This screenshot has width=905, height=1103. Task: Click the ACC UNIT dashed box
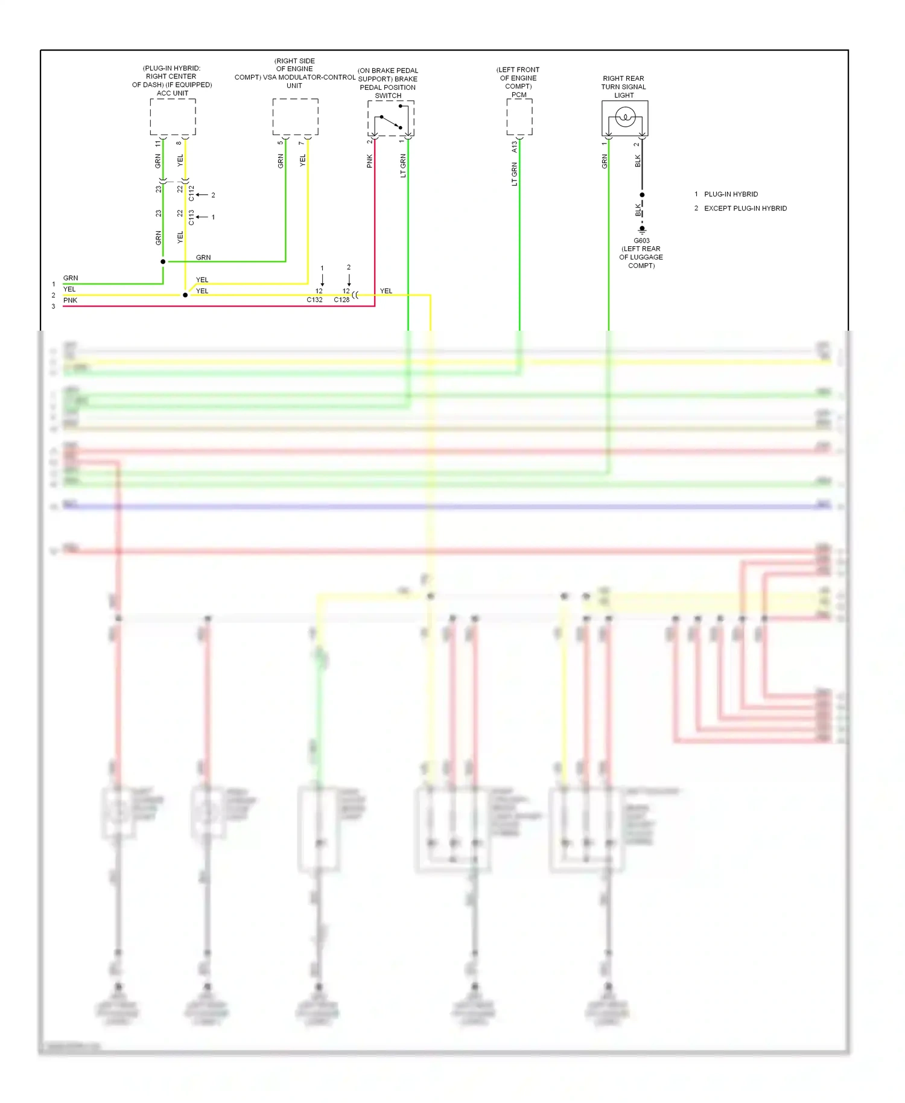(x=173, y=116)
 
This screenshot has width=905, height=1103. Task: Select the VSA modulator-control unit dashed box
(x=295, y=116)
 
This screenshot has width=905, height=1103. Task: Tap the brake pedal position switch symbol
(x=390, y=118)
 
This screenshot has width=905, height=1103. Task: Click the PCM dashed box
(x=519, y=116)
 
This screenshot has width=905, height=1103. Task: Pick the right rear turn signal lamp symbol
(x=625, y=117)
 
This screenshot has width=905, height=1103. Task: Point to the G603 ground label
(x=641, y=241)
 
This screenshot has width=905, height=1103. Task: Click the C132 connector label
(x=314, y=300)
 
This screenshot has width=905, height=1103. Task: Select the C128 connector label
(x=341, y=300)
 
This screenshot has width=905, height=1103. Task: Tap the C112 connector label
(x=191, y=193)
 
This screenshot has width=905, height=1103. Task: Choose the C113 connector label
(x=191, y=217)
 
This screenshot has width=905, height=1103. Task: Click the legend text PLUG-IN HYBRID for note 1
(x=731, y=194)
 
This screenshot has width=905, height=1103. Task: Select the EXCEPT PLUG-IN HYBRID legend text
(x=745, y=209)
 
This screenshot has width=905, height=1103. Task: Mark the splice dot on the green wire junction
(x=163, y=261)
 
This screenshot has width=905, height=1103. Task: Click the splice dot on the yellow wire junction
(x=185, y=295)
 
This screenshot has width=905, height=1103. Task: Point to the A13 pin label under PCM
(x=514, y=147)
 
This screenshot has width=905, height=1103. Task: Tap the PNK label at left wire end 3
(x=70, y=300)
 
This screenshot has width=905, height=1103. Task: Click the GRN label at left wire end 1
(x=71, y=278)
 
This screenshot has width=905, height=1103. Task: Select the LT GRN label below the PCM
(x=514, y=174)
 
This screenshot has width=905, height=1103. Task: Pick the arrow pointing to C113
(x=202, y=217)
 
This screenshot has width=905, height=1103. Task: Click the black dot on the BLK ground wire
(x=642, y=195)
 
